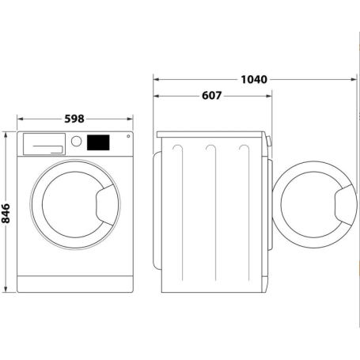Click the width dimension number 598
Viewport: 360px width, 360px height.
(x=74, y=119)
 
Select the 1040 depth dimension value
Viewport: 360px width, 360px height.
(x=252, y=79)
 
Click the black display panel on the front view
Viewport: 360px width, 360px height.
(x=97, y=142)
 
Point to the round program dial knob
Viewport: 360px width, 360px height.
(x=77, y=142)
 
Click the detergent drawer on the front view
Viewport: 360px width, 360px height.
(x=44, y=142)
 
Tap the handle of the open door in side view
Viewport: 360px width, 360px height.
(x=343, y=205)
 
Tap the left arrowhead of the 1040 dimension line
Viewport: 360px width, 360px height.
(x=156, y=79)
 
